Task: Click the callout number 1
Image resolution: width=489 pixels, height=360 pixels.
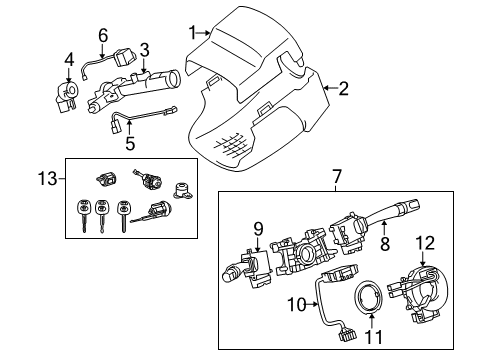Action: [x=192, y=34]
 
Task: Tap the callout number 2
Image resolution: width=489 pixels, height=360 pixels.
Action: [x=343, y=90]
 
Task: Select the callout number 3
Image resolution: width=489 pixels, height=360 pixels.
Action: [x=144, y=49]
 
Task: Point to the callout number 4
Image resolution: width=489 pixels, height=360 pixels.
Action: [x=68, y=58]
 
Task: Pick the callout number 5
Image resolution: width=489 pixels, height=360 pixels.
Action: [x=130, y=144]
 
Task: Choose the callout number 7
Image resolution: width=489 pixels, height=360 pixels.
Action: [x=336, y=177]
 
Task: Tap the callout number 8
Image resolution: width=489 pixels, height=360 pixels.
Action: [x=383, y=242]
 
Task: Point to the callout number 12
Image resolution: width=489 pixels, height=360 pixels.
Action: [x=424, y=242]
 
